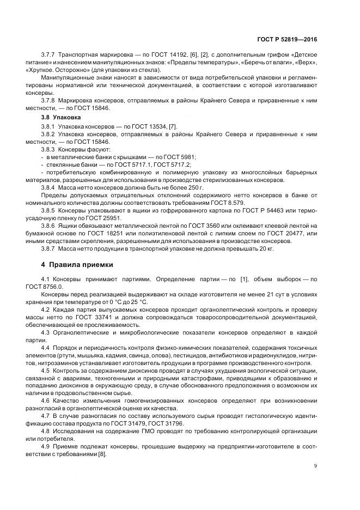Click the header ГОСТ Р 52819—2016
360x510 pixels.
(289, 40)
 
